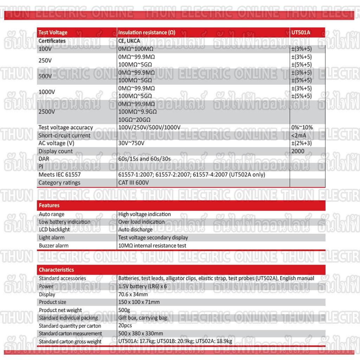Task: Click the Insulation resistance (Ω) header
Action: tap(147, 32)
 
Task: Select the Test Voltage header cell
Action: tap(53, 32)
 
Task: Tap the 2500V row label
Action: tap(47, 112)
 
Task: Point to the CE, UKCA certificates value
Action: tap(129, 41)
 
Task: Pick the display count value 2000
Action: tap(298, 151)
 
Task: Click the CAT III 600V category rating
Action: tap(134, 182)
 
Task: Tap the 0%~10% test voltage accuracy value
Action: tap(302, 127)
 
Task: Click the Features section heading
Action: tap(49, 205)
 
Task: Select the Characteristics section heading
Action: tap(56, 270)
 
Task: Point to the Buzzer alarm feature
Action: tap(54, 245)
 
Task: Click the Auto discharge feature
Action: tap(135, 230)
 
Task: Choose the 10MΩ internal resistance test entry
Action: tap(152, 245)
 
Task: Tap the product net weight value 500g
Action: tap(124, 310)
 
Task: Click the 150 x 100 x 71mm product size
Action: tap(139, 302)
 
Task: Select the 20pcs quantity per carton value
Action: tap(125, 326)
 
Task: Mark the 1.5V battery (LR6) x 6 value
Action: tap(142, 286)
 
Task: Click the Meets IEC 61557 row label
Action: tap(57, 174)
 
